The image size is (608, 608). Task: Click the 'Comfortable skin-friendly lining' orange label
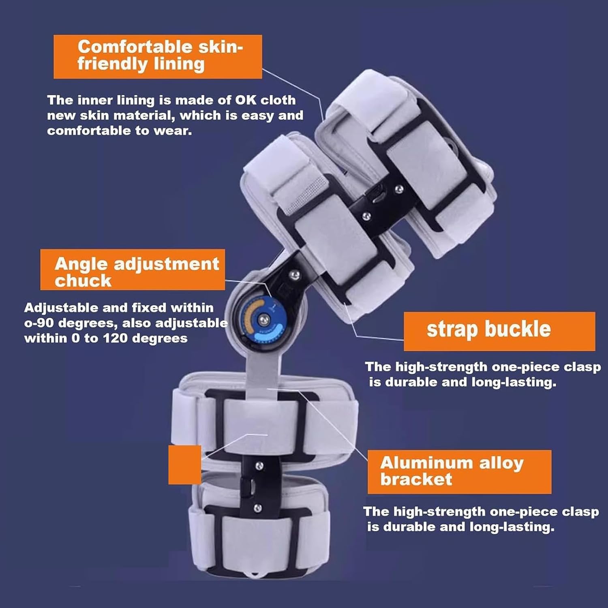click(x=158, y=56)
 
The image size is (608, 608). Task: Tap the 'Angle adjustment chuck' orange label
click(x=133, y=270)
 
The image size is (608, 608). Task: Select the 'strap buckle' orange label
click(x=499, y=331)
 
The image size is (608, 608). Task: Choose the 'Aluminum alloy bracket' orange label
click(x=459, y=471)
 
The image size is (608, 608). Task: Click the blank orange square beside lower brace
click(x=184, y=465)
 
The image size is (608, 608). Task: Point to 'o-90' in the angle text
click(x=39, y=323)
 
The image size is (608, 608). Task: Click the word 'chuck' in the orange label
click(x=83, y=281)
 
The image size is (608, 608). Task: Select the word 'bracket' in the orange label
click(x=416, y=480)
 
